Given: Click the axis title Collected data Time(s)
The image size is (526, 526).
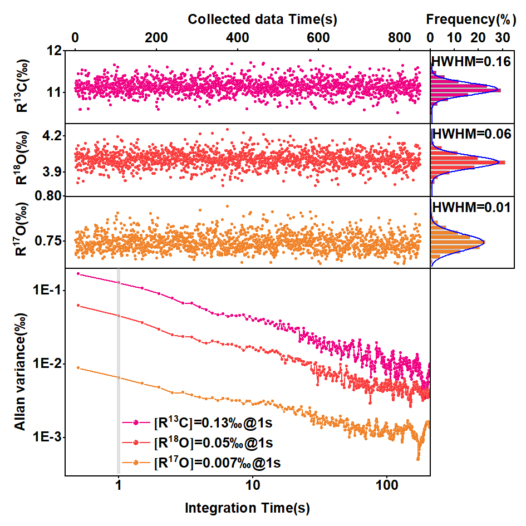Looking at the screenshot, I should click(x=262, y=19).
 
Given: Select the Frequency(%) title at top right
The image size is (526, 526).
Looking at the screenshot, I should click(x=468, y=19).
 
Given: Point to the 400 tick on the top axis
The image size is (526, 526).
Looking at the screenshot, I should click(x=238, y=38).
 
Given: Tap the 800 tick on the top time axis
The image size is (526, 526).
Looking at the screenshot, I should click(x=400, y=38).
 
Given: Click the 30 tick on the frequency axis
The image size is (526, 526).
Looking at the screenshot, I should click(x=503, y=38).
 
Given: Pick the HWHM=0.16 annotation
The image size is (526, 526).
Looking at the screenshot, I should click(x=471, y=62).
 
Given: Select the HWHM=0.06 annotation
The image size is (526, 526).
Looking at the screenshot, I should click(x=471, y=134).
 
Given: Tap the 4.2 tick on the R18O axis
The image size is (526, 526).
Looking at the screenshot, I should click(x=50, y=136).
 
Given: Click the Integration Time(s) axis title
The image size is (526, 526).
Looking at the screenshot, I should click(x=247, y=508).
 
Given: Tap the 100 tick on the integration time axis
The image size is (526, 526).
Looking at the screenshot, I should click(x=387, y=483).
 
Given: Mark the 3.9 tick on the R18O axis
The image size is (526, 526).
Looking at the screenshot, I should click(x=50, y=172).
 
